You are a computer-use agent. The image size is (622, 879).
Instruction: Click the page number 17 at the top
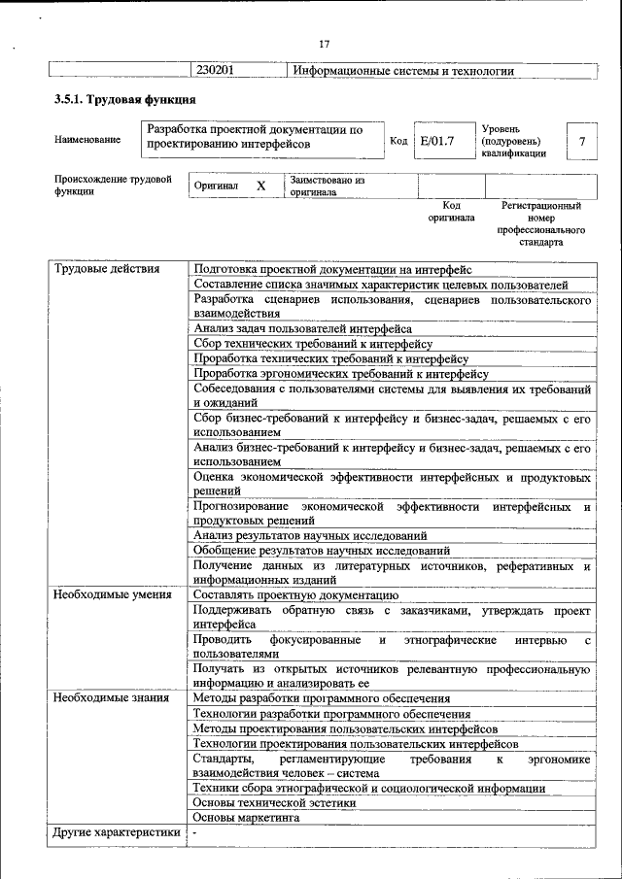pyautogui.click(x=325, y=43)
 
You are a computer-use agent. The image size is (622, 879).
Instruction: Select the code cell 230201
pyautogui.click(x=215, y=71)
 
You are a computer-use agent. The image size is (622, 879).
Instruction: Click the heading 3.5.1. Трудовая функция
pyautogui.click(x=124, y=100)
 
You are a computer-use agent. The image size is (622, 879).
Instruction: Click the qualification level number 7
pyautogui.click(x=582, y=142)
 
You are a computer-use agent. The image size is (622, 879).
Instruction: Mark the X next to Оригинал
pyautogui.click(x=260, y=186)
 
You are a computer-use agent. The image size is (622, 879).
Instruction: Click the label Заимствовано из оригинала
pyautogui.click(x=327, y=186)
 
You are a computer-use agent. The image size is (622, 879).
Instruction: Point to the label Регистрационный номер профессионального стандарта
pyautogui.click(x=541, y=224)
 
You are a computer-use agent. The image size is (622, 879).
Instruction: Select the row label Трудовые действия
pyautogui.click(x=107, y=269)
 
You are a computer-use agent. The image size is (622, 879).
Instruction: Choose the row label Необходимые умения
pyautogui.click(x=113, y=594)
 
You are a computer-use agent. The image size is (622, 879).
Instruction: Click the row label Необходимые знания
pyautogui.click(x=111, y=698)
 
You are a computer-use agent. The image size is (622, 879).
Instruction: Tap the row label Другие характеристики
pyautogui.click(x=117, y=832)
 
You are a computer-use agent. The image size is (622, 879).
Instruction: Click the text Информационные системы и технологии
pyautogui.click(x=402, y=71)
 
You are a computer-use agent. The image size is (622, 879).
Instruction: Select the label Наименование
pyautogui.click(x=88, y=140)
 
